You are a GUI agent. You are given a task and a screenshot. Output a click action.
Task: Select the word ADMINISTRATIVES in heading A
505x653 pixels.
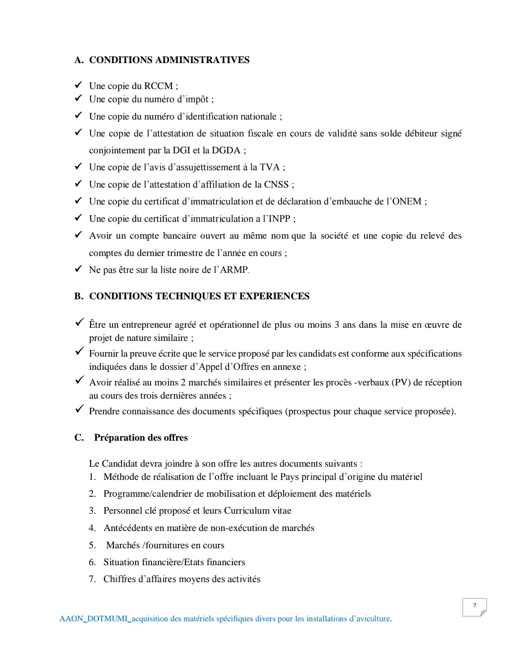(x=202, y=60)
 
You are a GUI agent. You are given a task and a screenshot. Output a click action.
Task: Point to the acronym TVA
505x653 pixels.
(x=270, y=167)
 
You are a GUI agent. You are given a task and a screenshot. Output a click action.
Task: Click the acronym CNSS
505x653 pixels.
(x=276, y=185)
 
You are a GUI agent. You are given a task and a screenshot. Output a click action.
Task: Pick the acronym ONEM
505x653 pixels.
(x=408, y=202)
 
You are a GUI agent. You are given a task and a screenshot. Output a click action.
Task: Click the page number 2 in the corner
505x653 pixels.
(x=474, y=606)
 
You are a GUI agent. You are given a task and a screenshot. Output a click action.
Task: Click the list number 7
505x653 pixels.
(x=92, y=579)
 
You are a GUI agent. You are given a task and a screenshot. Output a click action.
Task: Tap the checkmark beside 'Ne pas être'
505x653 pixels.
(x=78, y=269)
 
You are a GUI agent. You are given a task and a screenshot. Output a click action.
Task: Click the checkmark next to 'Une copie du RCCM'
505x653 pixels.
(x=78, y=85)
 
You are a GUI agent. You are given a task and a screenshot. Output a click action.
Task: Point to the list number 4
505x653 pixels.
(x=92, y=528)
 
